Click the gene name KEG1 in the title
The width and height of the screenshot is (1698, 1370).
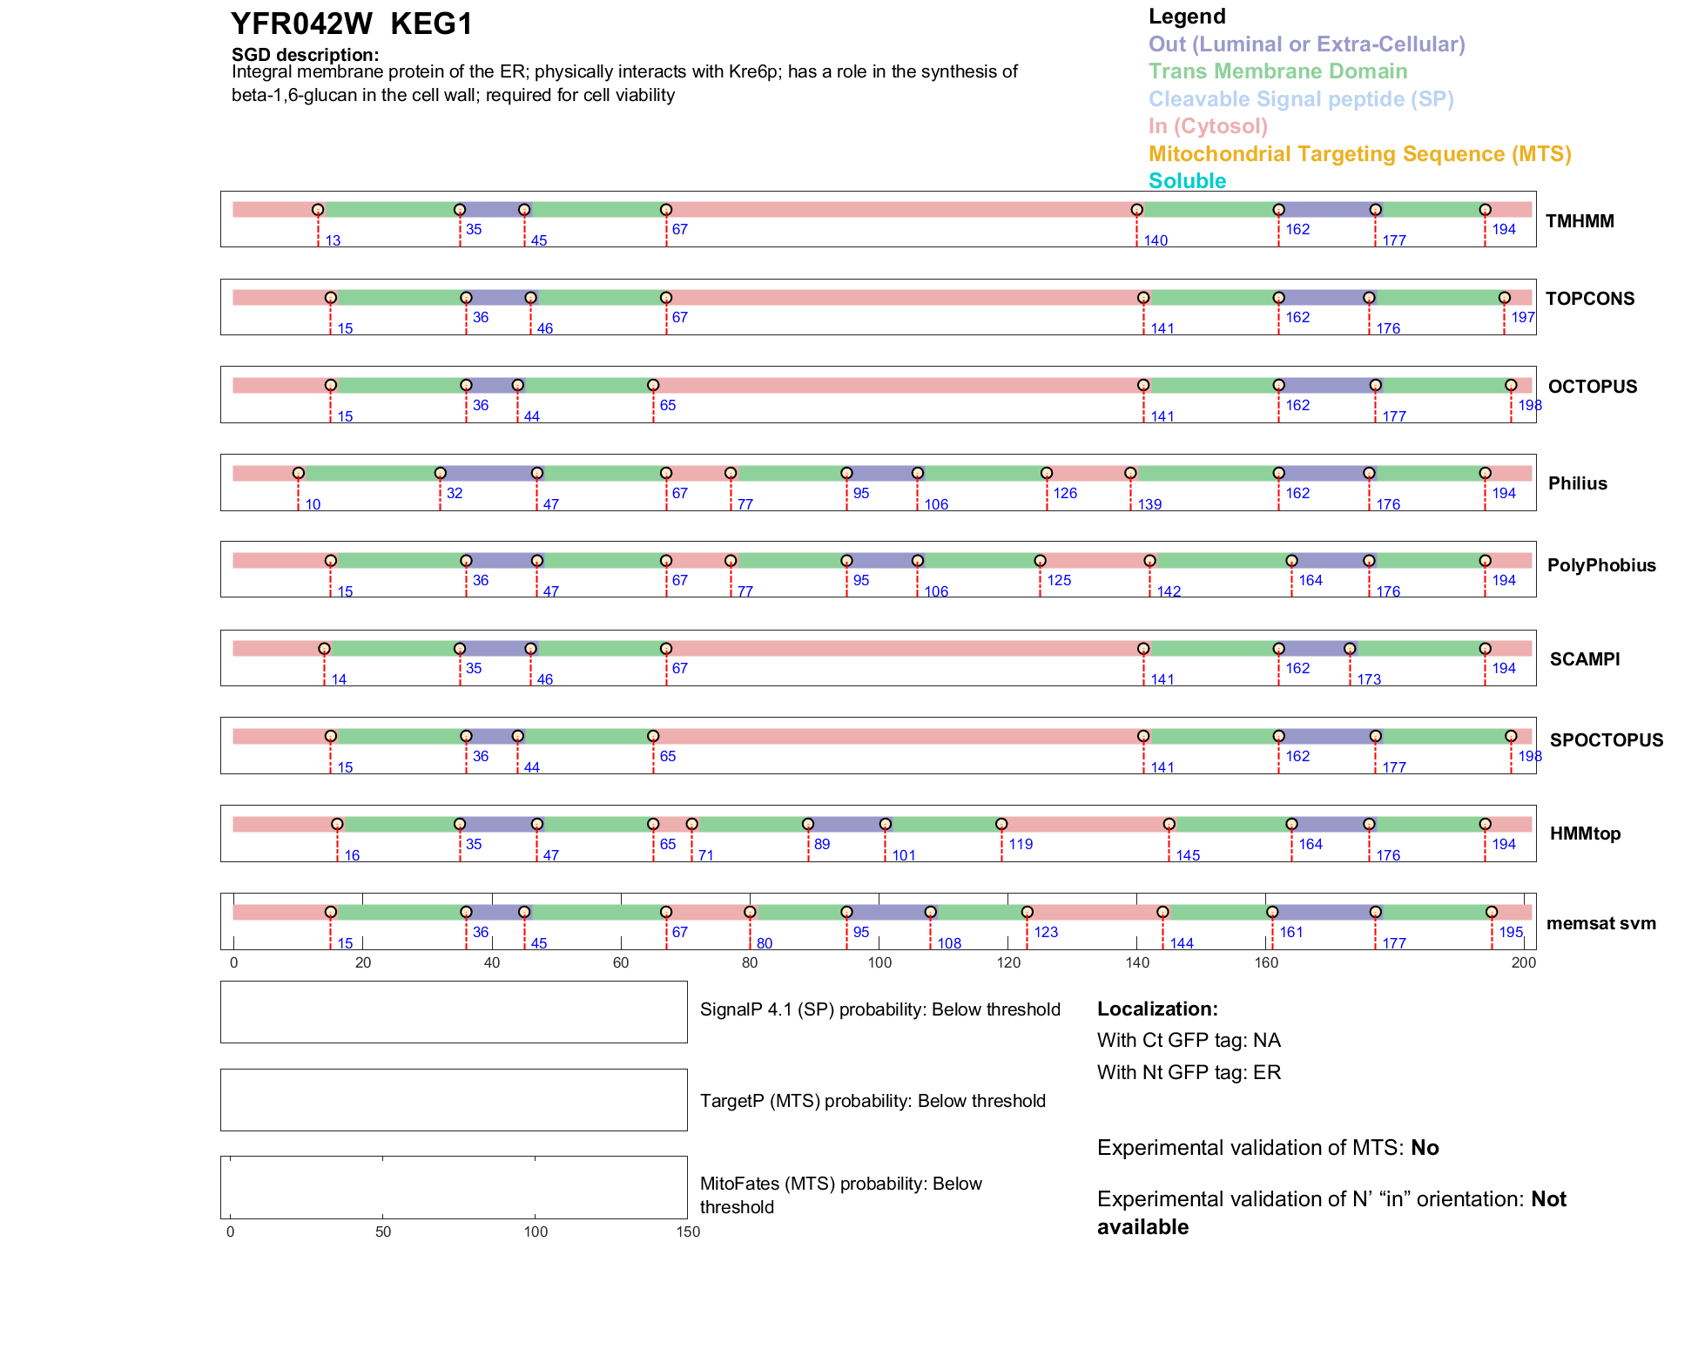click(431, 24)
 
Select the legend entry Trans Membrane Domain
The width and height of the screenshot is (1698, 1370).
click(1277, 71)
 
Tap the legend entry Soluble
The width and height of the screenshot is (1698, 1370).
click(1187, 181)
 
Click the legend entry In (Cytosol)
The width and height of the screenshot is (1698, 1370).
click(1208, 126)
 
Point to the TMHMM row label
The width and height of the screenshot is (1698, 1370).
click(1580, 221)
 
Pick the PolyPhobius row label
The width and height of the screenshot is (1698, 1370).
click(1600, 565)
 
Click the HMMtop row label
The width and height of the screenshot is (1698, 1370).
click(1585, 833)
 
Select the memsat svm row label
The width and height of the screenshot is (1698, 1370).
click(1600, 923)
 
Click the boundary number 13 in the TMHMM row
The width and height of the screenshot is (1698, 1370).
click(333, 241)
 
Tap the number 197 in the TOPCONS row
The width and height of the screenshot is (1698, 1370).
click(1522, 318)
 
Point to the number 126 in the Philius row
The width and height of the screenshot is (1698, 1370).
click(1065, 494)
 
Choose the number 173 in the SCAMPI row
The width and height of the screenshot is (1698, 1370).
click(1369, 679)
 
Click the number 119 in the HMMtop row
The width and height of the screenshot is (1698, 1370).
click(1021, 845)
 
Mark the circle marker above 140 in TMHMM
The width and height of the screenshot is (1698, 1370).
click(1136, 210)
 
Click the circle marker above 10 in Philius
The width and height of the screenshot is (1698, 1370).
click(299, 473)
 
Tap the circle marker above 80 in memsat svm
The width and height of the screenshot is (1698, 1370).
click(750, 912)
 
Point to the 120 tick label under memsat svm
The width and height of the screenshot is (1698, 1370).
click(1008, 962)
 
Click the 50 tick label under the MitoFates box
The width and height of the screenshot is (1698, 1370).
click(383, 1232)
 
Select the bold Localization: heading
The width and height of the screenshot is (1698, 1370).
click(1157, 1009)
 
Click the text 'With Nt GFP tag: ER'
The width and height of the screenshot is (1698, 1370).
click(1189, 1073)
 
